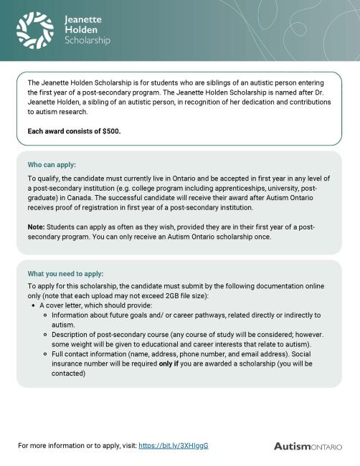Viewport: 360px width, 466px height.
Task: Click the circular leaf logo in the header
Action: click(35, 30)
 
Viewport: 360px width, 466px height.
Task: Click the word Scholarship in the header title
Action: click(87, 41)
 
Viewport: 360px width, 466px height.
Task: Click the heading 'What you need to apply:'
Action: click(65, 274)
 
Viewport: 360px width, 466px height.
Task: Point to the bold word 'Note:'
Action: click(37, 227)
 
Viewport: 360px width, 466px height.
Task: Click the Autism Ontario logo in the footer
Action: click(308, 446)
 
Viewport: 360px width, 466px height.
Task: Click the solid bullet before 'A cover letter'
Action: click(33, 305)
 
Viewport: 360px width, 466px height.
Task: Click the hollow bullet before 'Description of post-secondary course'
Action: click(44, 334)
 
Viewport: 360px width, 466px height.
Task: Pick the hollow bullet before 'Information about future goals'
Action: click(44, 315)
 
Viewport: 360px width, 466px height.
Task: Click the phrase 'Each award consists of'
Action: click(65, 131)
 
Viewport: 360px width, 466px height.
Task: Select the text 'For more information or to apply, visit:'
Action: click(77, 445)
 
